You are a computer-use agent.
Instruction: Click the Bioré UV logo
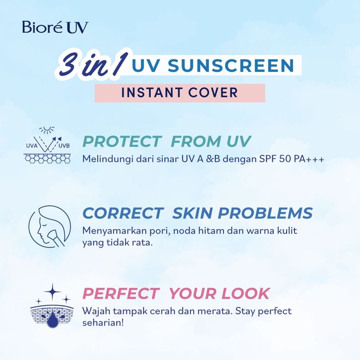coord(55,27)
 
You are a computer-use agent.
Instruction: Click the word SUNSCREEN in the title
coord(231,65)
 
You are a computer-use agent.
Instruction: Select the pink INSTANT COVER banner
coord(180,93)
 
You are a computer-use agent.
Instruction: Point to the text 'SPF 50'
coord(274,159)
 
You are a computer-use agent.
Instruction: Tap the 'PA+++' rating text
coord(307,159)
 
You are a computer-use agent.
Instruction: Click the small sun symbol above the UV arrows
coord(47,130)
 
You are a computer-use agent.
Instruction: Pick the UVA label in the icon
coord(32,145)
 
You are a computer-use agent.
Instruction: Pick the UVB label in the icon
coord(64,145)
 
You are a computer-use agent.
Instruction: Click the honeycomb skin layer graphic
coord(47,158)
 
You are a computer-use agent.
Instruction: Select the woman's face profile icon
coord(50,227)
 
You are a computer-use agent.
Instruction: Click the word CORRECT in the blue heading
coord(122,213)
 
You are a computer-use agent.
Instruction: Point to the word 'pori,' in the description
coord(160,231)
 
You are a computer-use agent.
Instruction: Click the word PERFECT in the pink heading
coord(121,294)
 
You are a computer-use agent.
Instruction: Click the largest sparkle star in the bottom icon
coord(53,292)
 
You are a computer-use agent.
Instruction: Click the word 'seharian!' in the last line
coord(103,323)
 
